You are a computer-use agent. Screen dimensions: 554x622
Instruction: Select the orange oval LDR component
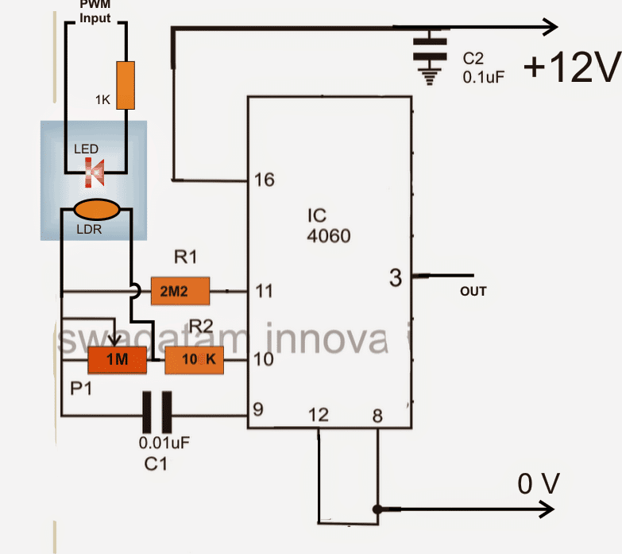[x=97, y=211]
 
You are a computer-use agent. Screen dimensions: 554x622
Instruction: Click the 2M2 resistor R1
[x=180, y=292]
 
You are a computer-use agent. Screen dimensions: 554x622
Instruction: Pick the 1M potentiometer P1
[x=117, y=360]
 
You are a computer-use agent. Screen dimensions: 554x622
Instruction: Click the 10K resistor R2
[x=194, y=362]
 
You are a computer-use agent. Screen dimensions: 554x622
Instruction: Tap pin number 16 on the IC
[x=264, y=180]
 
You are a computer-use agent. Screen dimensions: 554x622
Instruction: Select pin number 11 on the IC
[x=264, y=292]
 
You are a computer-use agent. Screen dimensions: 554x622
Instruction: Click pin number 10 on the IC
[x=264, y=360]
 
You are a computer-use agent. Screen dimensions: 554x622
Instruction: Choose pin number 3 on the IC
[x=396, y=277]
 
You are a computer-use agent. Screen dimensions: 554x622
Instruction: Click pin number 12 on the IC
[x=319, y=415]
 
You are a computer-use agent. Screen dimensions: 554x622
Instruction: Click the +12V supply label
[x=570, y=71]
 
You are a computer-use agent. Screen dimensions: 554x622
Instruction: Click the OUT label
[x=473, y=292]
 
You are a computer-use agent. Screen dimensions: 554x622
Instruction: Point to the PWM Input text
[x=95, y=10]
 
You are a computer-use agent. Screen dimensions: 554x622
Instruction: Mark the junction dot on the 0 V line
[x=376, y=509]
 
